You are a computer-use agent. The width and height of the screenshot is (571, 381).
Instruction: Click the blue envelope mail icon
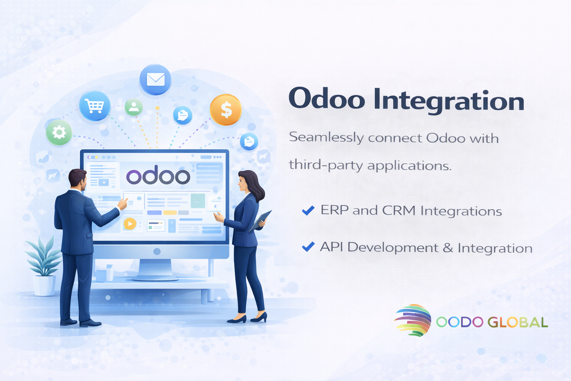pyautogui.click(x=155, y=80)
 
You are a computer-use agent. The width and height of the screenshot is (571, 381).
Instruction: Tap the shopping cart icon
pyautogui.click(x=94, y=106)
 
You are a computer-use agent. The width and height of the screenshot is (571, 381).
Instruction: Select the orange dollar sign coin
pyautogui.click(x=226, y=110)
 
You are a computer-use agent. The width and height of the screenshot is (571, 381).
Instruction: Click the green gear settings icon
pyautogui.click(x=59, y=132)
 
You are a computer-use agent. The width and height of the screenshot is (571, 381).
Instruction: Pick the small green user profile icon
pyautogui.click(x=133, y=107)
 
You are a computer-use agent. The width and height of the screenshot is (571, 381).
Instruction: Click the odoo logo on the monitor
pyautogui.click(x=158, y=175)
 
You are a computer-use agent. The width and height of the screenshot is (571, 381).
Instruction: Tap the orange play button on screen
pyautogui.click(x=130, y=224)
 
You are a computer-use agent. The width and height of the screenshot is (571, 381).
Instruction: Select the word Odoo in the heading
pyautogui.click(x=327, y=99)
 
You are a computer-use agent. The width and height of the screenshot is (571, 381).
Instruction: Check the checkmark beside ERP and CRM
pyautogui.click(x=308, y=211)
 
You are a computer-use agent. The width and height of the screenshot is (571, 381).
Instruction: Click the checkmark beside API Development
pyautogui.click(x=308, y=247)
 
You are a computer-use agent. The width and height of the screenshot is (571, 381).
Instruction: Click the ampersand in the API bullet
pyautogui.click(x=448, y=247)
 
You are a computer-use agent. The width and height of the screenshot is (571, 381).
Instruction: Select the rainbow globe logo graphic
pyautogui.click(x=413, y=320)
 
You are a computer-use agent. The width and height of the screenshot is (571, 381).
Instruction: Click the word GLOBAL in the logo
pyautogui.click(x=518, y=322)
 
